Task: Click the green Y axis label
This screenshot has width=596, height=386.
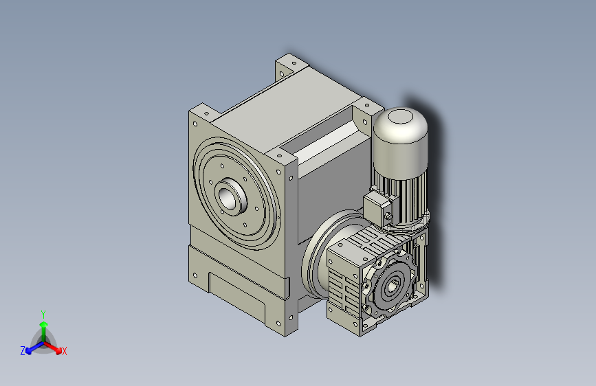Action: click(43, 313)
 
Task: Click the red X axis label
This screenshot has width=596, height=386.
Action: click(64, 351)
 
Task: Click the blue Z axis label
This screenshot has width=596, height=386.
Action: click(22, 350)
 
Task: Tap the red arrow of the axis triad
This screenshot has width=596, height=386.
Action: click(55, 346)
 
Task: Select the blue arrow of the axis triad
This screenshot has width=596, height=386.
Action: click(30, 347)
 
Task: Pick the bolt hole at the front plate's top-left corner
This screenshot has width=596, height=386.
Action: click(196, 124)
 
